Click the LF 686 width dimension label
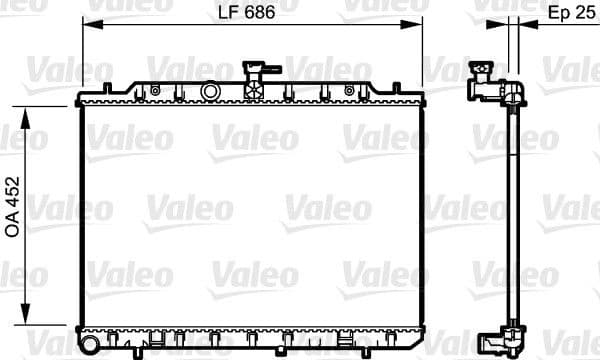(x=245, y=14)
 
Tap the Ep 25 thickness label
(x=569, y=14)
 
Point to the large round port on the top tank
(x=210, y=91)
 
